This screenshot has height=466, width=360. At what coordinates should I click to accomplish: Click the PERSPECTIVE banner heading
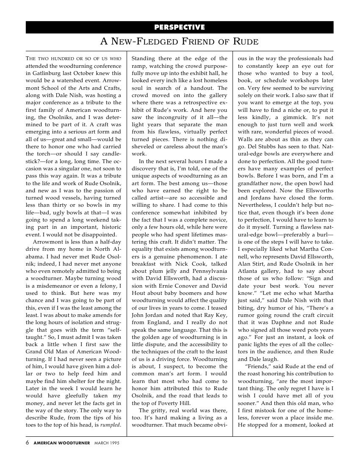pyautogui.click(x=180, y=28)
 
